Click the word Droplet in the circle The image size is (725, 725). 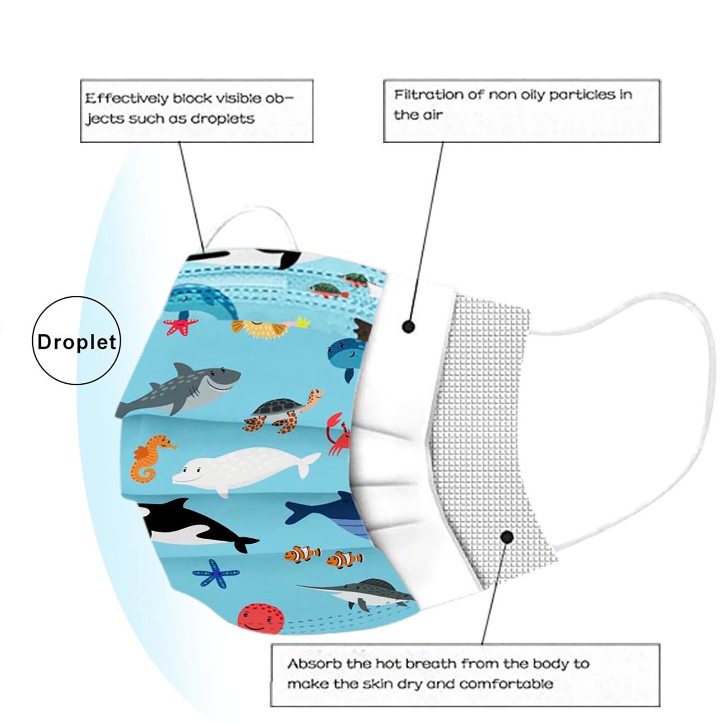[x=77, y=342]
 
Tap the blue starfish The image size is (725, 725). [x=216, y=573]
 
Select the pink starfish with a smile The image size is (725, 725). [x=181, y=326]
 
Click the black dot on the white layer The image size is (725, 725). [x=409, y=326]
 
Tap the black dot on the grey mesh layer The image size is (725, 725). [x=507, y=537]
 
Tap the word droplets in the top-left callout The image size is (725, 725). [x=222, y=119]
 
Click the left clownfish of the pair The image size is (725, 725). [x=302, y=554]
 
